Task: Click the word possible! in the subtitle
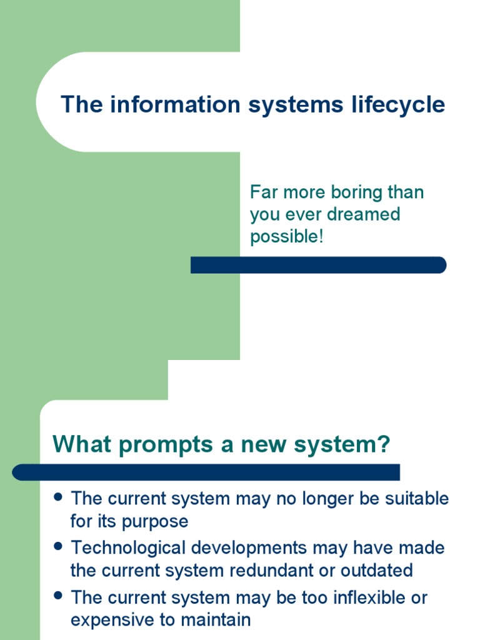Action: coord(287,237)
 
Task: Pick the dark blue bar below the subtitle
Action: coord(318,265)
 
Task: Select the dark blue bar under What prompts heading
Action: coord(206,472)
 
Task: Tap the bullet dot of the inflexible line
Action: coord(58,596)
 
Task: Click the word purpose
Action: coord(159,521)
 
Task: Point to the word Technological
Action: coord(129,548)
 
